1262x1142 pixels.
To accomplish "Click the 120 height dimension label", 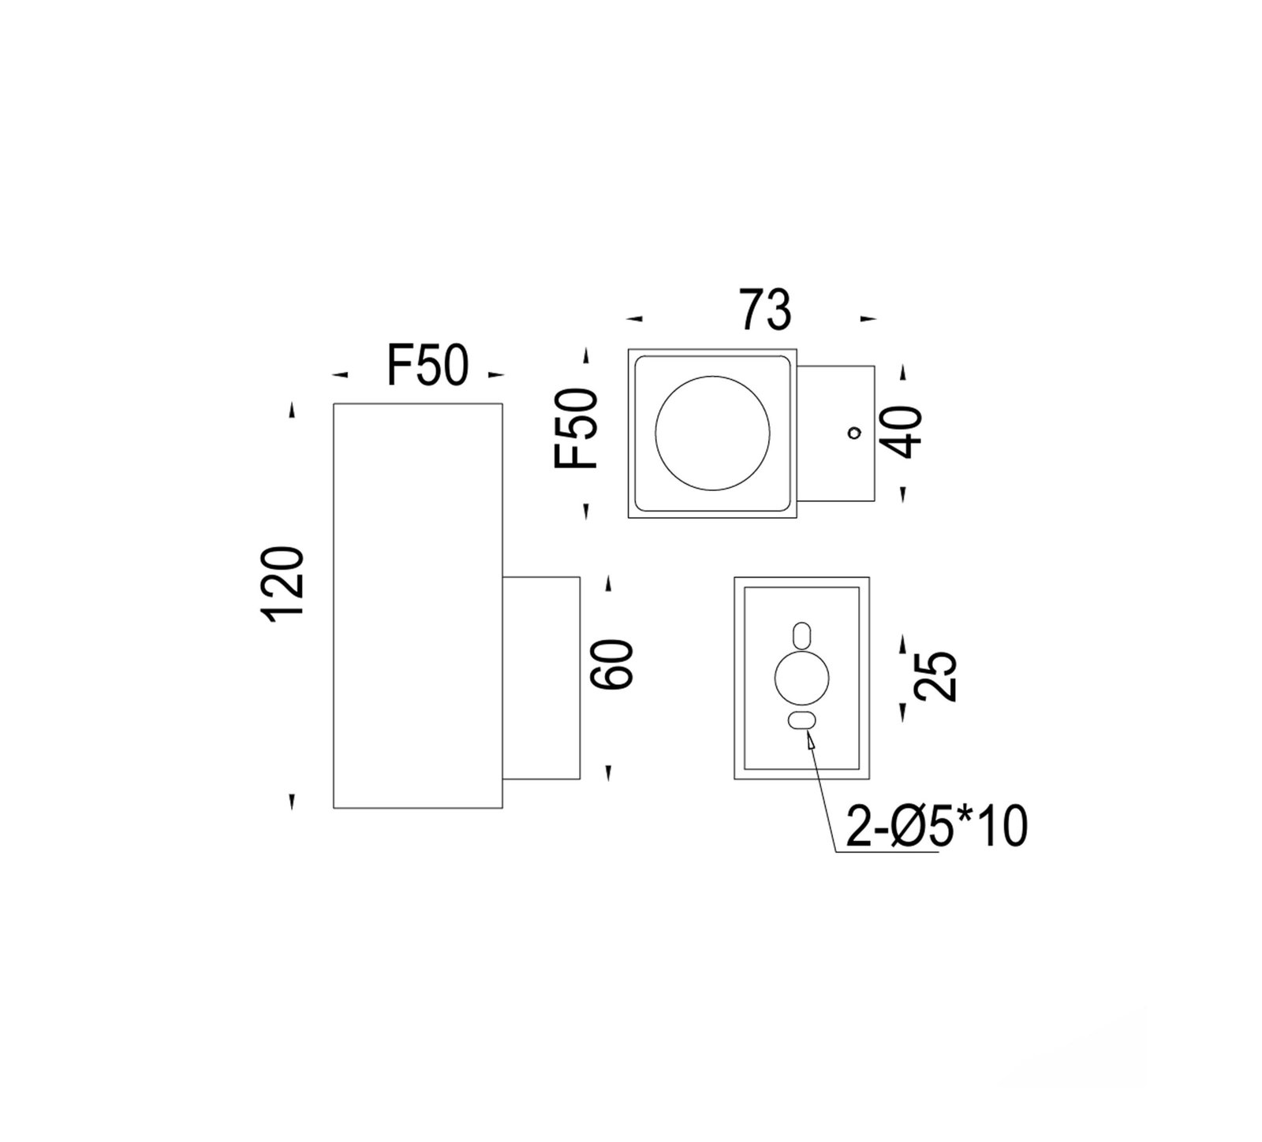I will point(285,584).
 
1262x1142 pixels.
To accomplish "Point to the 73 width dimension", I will point(764,310).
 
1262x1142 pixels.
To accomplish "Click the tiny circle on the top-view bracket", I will point(853,432).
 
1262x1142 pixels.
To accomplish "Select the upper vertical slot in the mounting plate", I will point(801,635).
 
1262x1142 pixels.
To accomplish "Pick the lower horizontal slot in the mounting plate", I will point(802,720).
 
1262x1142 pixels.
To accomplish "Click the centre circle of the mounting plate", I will point(802,678).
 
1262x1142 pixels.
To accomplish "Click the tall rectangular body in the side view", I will point(417,605).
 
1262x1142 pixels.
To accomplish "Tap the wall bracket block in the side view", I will point(541,678).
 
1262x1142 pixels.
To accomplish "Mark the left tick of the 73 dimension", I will point(635,319).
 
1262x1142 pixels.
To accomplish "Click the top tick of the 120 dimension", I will point(293,411).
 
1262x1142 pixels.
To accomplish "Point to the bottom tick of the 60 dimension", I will point(608,772).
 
